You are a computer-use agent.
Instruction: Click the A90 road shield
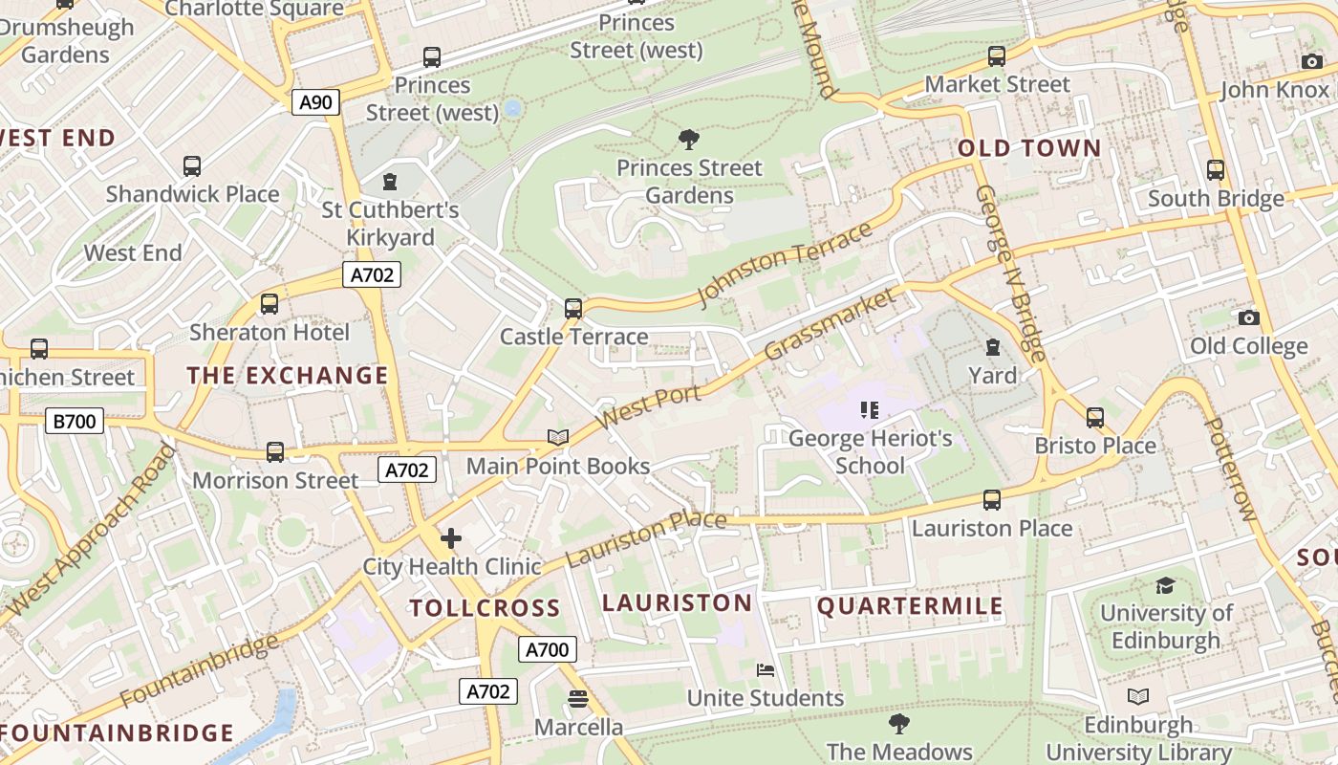[315, 102]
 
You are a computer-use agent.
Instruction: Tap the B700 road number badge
[75, 421]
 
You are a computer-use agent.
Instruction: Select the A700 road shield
[549, 650]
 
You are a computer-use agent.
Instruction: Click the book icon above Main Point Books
[558, 437]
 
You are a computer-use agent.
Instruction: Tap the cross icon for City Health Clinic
[451, 538]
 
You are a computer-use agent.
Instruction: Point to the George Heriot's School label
[870, 452]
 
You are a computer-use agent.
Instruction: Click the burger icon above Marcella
[577, 699]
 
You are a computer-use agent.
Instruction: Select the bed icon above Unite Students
[766, 669]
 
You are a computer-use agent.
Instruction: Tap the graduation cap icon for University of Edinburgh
[1165, 585]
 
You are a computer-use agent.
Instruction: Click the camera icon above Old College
[1248, 317]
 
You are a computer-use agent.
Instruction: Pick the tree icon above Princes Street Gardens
[688, 140]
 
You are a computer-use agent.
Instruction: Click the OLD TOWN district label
[1029, 148]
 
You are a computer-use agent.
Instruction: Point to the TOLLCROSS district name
[485, 608]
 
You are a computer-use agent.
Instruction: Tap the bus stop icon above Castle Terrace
[573, 308]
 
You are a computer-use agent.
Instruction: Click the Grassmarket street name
[831, 324]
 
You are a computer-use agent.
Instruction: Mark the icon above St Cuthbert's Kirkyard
[389, 181]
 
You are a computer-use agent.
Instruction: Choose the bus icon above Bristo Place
[1095, 417]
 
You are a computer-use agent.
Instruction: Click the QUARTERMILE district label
[910, 606]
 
